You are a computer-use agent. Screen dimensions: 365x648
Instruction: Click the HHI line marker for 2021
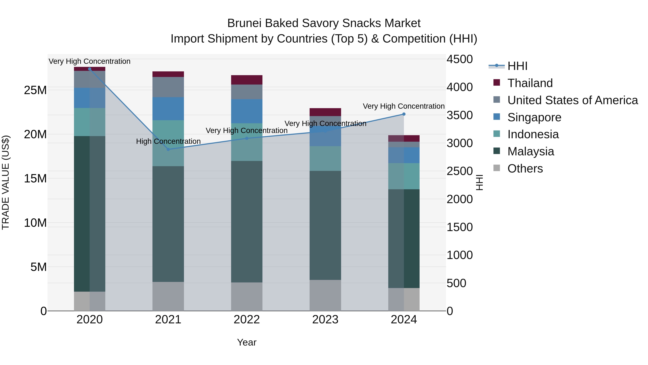[x=168, y=149]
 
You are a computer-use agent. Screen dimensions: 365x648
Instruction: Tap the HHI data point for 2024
[x=404, y=114]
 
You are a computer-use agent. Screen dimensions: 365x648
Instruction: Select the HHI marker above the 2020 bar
[x=90, y=69]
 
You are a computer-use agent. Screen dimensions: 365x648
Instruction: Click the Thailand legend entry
[x=530, y=83]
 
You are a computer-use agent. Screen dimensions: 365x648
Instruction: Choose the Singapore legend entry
[x=534, y=117]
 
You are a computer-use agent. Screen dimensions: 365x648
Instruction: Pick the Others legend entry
[x=525, y=169]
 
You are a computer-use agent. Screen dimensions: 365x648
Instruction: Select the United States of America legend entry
[x=572, y=100]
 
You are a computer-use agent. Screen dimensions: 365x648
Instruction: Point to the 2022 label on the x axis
[x=247, y=320]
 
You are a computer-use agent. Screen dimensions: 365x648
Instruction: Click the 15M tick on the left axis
[x=35, y=179]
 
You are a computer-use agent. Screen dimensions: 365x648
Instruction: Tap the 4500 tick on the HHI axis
[x=460, y=59]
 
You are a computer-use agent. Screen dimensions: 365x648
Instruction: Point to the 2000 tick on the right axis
[x=460, y=199]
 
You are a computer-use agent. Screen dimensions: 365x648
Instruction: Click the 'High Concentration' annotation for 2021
[x=168, y=141]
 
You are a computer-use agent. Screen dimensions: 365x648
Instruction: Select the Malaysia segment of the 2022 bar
[x=247, y=222]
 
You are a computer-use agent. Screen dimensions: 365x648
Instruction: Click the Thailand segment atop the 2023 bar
[x=325, y=112]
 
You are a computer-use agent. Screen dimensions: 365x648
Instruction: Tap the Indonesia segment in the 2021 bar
[x=168, y=143]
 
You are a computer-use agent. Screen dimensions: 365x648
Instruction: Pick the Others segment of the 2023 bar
[x=325, y=295]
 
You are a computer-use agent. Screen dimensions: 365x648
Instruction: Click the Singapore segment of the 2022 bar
[x=247, y=111]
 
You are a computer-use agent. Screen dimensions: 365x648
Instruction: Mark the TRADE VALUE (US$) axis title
[x=6, y=183]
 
